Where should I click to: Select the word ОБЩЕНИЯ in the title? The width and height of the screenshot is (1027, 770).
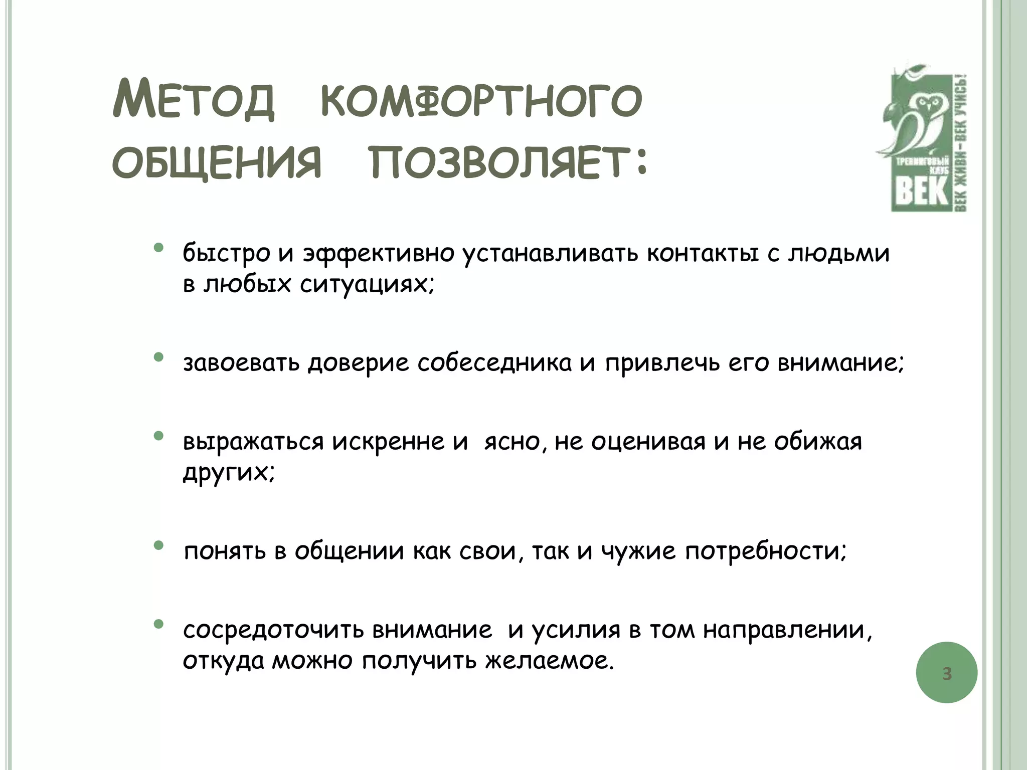click(x=216, y=163)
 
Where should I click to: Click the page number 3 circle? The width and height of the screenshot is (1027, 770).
click(x=946, y=673)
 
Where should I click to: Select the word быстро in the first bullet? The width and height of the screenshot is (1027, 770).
click(x=226, y=253)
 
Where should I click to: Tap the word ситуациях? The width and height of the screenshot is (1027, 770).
click(x=366, y=285)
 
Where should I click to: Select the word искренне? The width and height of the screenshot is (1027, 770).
click(x=388, y=442)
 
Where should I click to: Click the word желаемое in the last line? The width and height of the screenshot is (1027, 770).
click(x=548, y=661)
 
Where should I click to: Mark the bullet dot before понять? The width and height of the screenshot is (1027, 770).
click(x=158, y=545)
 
